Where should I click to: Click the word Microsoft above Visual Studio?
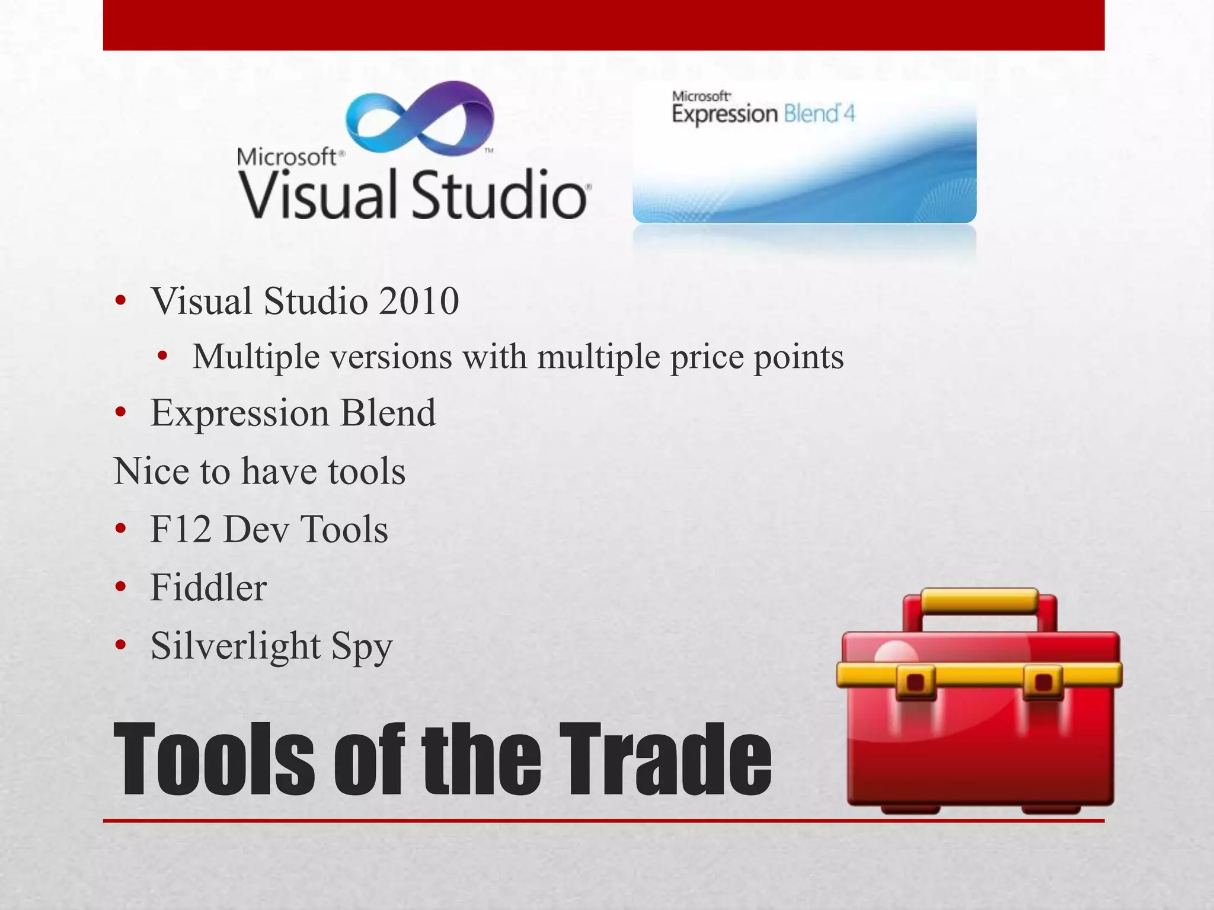[x=287, y=157]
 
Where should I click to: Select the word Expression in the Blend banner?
[x=724, y=114]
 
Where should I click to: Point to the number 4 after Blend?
[x=849, y=113]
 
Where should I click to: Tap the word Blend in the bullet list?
[x=388, y=413]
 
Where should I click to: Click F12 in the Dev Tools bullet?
[x=181, y=529]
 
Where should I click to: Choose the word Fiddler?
[x=209, y=588]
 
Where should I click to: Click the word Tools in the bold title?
[x=214, y=760]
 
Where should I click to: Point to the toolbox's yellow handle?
[x=979, y=601]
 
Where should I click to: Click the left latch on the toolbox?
[x=916, y=681]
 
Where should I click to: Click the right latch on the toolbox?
[x=1043, y=681]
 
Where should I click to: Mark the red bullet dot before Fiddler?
[x=121, y=587]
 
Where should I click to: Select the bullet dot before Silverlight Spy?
[x=121, y=645]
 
